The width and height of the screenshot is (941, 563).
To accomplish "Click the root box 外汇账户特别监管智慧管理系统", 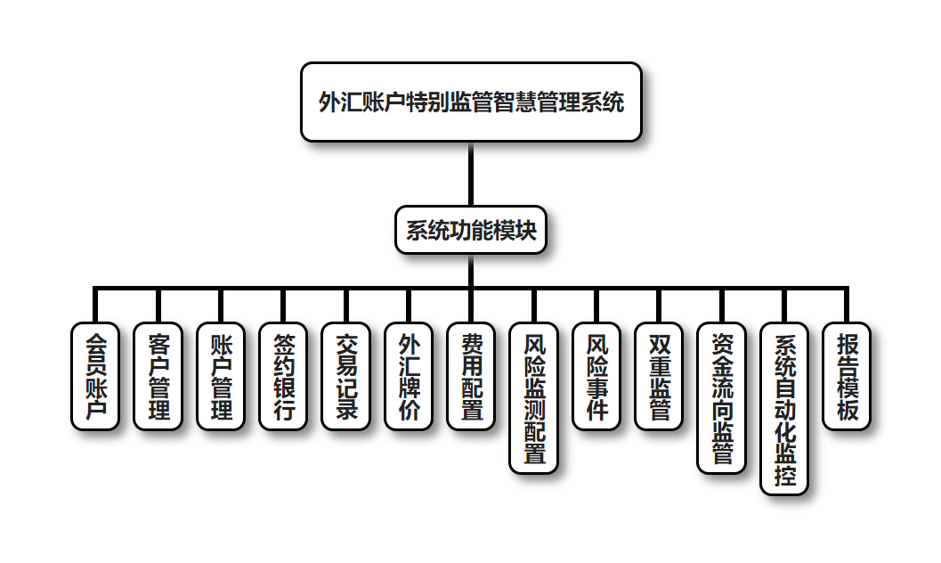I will coord(471,102).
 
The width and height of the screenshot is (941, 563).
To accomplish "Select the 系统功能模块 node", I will coord(471,231).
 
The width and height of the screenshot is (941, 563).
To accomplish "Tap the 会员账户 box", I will coord(95,376).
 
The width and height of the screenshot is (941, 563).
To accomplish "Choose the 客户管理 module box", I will coord(158,376).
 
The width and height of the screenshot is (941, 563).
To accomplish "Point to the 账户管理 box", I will coord(221,376).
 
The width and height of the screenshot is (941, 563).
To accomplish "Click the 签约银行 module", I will coord(284,376).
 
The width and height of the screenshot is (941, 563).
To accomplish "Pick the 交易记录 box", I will coord(346,376).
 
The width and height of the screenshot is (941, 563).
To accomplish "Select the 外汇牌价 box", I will coord(409,376).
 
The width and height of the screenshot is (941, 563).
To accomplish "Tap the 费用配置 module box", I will coord(471,376).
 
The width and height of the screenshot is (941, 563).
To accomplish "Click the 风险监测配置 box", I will coord(534,397).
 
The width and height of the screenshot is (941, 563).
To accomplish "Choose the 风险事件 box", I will coord(596,376).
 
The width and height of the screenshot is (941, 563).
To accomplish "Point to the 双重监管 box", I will coord(660,376).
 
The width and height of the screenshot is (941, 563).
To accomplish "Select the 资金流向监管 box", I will coord(722,397).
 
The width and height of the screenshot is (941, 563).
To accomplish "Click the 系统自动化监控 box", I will coord(784,408).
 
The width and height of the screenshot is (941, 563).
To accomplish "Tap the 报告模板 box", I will coord(847,376).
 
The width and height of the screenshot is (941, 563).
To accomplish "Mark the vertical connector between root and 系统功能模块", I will coord(471,175).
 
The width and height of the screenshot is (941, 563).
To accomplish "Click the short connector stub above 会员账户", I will coord(95,306).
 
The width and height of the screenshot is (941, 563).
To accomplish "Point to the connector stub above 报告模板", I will coord(847,306).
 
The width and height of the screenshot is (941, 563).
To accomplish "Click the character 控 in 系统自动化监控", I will coord(784,475).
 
